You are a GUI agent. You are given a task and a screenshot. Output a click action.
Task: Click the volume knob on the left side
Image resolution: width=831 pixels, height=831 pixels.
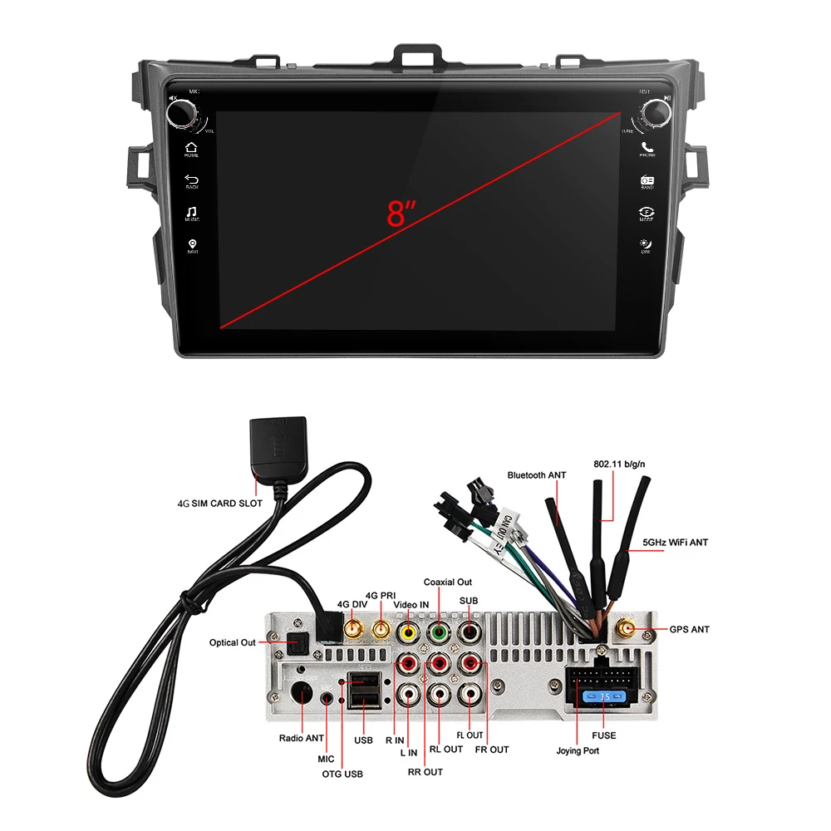pos(184,112)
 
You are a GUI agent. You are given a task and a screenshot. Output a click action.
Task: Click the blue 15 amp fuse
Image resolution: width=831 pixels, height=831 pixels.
pos(597,696)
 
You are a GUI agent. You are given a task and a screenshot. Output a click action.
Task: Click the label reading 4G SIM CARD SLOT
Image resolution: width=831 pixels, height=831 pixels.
pos(219,503)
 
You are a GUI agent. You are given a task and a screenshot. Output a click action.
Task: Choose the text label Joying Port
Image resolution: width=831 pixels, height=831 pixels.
pos(577,750)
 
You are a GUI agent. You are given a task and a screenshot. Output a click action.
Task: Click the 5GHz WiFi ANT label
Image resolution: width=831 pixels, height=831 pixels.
pos(675,542)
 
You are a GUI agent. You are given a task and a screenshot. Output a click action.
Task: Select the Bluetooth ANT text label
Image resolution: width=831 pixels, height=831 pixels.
pos(537,475)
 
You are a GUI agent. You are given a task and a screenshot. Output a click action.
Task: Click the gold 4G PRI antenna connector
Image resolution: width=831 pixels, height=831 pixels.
pos(381,631)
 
